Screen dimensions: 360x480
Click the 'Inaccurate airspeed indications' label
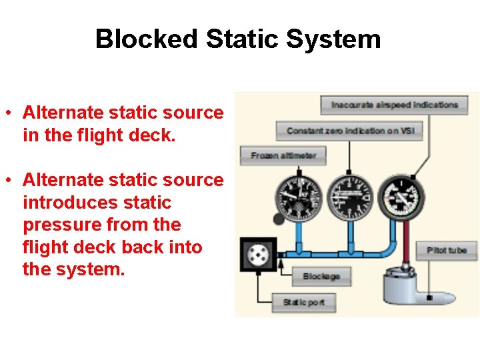coord(395,105)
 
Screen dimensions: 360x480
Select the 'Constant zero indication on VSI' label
coord(351,131)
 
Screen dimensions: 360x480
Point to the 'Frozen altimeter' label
coord(283,156)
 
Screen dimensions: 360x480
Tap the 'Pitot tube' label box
coord(447,250)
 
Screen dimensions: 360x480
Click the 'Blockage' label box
coord(321,277)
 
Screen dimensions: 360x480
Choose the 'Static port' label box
coord(303,302)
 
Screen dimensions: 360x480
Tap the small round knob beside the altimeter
coord(277,219)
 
